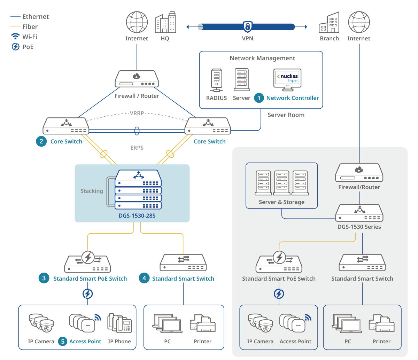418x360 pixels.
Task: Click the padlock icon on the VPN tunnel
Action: tap(248, 27)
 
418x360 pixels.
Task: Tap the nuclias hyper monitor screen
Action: tap(287, 78)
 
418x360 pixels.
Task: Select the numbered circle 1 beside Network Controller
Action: tap(259, 98)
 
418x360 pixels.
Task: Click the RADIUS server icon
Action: tap(216, 80)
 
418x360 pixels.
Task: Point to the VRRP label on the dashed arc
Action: tap(137, 113)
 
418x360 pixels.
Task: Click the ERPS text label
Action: tap(137, 148)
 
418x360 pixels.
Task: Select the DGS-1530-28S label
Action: tap(137, 216)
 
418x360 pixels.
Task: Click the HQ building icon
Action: tap(165, 23)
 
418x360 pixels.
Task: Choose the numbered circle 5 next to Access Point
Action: tap(63, 342)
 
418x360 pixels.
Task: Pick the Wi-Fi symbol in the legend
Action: tap(15, 37)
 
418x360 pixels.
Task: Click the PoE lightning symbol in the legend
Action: tap(16, 47)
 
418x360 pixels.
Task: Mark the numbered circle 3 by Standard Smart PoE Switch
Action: tap(44, 278)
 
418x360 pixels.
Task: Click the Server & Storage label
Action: tap(281, 202)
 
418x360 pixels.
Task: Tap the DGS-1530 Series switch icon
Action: tap(359, 213)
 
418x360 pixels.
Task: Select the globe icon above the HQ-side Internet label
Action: tap(137, 22)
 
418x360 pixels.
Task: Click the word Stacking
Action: tap(92, 191)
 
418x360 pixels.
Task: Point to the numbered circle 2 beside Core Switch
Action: tap(41, 141)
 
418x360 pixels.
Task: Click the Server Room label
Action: tap(286, 115)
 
